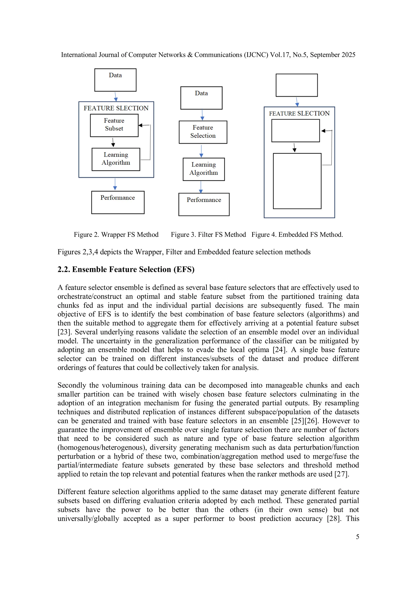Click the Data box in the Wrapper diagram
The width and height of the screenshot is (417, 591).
(115, 80)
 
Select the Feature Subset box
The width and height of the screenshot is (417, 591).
(114, 125)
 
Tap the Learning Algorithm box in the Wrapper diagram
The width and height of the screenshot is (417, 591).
(116, 159)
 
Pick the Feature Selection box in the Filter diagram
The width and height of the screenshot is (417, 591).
(203, 132)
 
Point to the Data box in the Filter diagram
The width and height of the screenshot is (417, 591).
(201, 98)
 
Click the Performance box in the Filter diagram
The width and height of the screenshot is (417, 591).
(204, 204)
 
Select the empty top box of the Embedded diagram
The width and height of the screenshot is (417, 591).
(296, 85)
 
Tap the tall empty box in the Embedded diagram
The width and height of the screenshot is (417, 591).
(297, 181)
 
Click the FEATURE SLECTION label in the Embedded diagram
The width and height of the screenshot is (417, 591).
(299, 113)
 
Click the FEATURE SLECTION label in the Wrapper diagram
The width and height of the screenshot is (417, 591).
(116, 108)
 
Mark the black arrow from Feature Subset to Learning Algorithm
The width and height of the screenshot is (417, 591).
(113, 142)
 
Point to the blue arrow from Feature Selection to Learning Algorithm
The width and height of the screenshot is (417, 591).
(201, 151)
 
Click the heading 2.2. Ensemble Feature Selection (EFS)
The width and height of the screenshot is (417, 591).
(126, 269)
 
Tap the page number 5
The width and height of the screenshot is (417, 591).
(357, 537)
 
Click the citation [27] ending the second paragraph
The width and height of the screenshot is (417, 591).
(341, 474)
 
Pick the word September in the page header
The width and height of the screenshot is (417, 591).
(325, 55)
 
